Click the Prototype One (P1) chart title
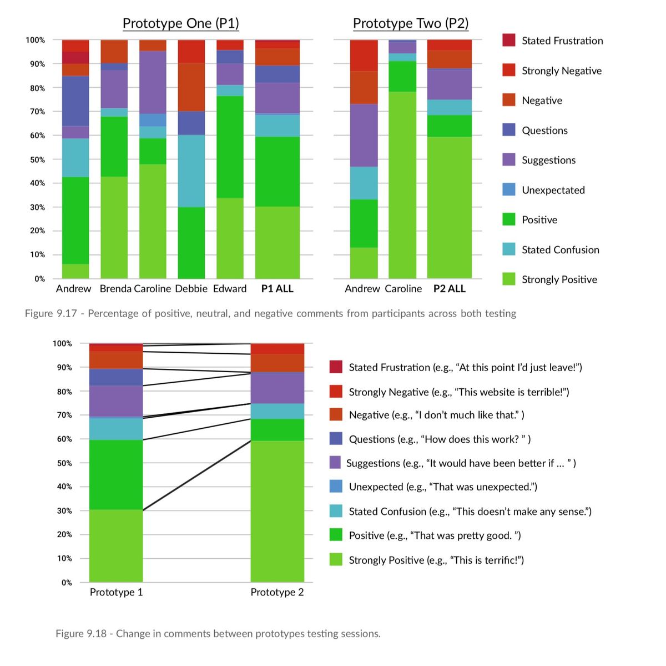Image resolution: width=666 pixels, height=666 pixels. (x=181, y=23)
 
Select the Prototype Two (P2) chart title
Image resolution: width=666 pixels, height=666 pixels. (x=411, y=23)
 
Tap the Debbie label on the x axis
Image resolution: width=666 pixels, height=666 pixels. (x=191, y=288)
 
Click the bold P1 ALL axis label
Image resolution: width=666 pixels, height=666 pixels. (x=277, y=288)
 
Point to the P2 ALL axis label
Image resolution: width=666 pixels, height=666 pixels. (x=450, y=288)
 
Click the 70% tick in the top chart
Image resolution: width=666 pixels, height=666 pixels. (x=37, y=112)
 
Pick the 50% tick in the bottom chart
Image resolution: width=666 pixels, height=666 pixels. (x=64, y=463)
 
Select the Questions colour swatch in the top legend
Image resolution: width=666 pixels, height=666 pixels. (x=509, y=130)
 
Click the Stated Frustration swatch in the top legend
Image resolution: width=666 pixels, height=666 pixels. (x=509, y=40)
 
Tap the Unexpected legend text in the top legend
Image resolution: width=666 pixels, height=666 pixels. (x=553, y=190)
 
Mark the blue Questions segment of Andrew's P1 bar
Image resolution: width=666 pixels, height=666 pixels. (x=75, y=101)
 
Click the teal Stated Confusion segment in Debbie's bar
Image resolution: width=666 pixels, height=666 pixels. (x=191, y=171)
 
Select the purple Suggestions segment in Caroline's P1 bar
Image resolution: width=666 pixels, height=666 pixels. (x=153, y=82)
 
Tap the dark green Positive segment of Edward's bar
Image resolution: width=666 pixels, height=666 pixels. (x=230, y=147)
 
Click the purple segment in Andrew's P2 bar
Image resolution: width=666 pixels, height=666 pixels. (x=364, y=136)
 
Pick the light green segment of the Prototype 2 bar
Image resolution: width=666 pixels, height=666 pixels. (x=277, y=512)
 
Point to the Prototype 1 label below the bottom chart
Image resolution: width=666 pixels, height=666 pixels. (x=116, y=592)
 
